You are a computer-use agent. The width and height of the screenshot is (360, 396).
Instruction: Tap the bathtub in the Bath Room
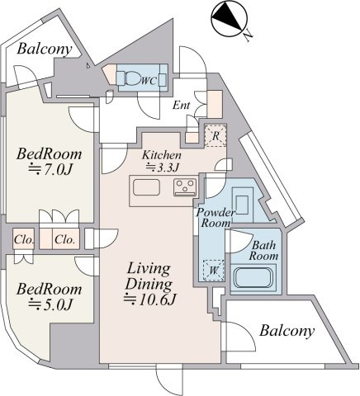click(x=253, y=277)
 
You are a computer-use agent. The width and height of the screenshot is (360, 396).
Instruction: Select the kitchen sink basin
click(x=146, y=187)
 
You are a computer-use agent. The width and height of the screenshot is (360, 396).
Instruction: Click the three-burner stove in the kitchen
click(x=185, y=187)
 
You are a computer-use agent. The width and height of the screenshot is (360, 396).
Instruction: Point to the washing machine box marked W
click(x=214, y=271)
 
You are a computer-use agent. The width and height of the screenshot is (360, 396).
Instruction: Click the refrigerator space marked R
click(x=216, y=135)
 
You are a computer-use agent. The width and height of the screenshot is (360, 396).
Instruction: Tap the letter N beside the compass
click(x=249, y=36)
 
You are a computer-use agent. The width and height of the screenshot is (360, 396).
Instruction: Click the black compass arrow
click(x=227, y=16)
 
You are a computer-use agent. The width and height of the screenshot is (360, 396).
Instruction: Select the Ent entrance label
click(x=181, y=105)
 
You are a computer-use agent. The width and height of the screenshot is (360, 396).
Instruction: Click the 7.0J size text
click(x=50, y=170)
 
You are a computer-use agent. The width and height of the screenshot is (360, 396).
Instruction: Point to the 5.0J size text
click(x=50, y=304)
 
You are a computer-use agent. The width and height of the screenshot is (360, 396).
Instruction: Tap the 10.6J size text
click(x=149, y=299)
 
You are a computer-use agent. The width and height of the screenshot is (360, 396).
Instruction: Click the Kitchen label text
click(x=162, y=155)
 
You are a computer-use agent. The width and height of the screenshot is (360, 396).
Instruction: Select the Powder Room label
click(x=216, y=218)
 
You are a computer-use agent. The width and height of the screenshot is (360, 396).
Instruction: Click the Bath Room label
click(x=263, y=250)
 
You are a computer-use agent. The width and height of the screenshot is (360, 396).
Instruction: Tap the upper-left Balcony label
click(x=45, y=49)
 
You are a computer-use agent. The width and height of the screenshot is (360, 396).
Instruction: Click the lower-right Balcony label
click(x=287, y=332)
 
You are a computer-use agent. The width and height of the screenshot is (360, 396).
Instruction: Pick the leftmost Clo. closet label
click(x=24, y=240)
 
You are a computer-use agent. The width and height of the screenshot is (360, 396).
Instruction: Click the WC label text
click(x=149, y=81)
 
